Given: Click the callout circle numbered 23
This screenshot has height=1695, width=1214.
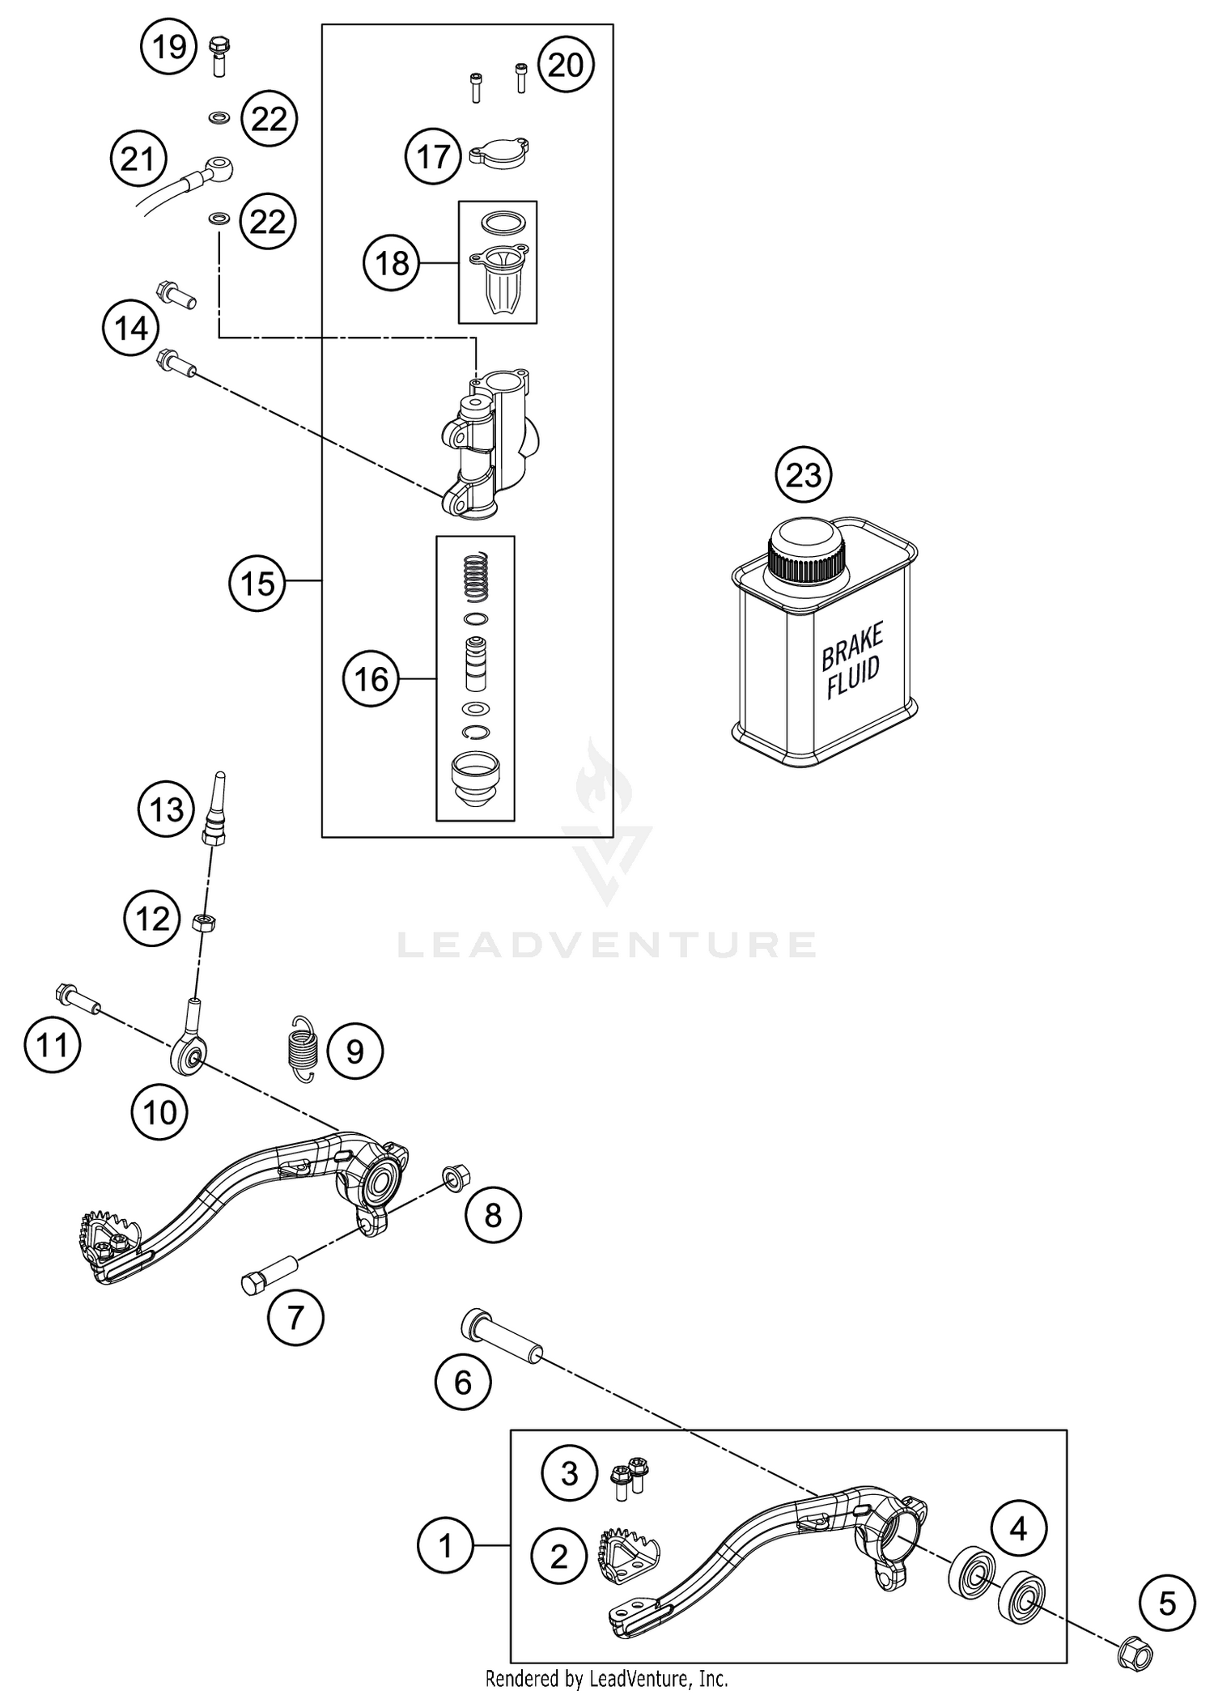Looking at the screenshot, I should (803, 474).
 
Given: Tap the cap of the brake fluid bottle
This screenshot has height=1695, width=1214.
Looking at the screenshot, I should (807, 548).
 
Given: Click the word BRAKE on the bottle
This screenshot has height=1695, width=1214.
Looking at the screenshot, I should (852, 646).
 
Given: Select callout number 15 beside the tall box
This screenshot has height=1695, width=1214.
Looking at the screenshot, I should (257, 583).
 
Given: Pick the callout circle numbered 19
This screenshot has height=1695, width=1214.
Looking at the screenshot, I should (169, 48).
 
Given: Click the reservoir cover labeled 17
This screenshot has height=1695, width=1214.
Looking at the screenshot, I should (499, 153).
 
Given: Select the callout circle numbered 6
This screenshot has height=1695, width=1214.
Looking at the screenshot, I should (463, 1382).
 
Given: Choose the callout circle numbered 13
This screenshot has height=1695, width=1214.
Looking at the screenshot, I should (167, 809).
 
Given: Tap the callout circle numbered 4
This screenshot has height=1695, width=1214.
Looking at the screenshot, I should (1018, 1528).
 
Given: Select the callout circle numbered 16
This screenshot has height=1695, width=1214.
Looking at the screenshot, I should (371, 679).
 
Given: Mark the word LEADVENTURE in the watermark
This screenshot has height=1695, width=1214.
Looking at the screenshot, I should (606, 944).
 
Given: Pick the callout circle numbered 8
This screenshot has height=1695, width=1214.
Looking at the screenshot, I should (493, 1215).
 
